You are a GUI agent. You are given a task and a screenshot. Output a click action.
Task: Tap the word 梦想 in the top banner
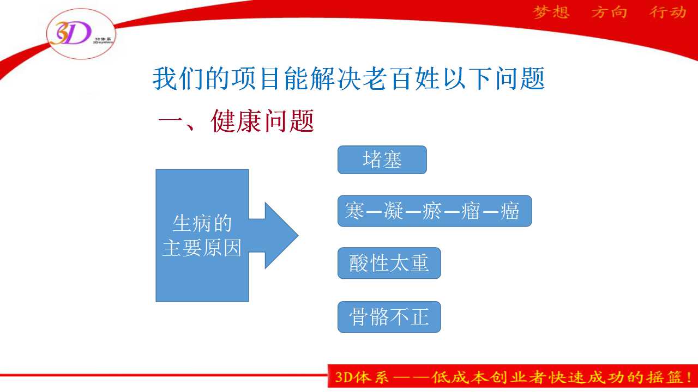point(551,13)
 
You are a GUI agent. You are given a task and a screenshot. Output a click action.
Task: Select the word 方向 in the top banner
point(609,13)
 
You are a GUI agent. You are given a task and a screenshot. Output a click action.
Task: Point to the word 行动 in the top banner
point(668,13)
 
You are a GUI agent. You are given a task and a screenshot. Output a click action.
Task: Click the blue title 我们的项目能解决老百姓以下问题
point(348,78)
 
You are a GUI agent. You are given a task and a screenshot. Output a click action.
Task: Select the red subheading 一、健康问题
point(236,121)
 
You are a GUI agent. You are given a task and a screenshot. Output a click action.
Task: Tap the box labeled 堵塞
point(382,160)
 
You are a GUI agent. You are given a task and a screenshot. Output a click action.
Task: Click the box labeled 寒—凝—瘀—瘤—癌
point(435,211)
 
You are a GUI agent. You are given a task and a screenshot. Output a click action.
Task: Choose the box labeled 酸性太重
point(389,263)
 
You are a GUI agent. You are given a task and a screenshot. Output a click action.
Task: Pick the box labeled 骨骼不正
point(389,317)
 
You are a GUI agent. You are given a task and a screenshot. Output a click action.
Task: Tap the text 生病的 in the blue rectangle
point(202,223)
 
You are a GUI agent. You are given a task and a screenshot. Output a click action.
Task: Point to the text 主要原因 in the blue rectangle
point(202,248)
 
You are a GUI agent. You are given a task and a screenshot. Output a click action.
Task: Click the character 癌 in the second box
point(510,211)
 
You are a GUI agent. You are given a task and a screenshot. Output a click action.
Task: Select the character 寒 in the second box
point(354,211)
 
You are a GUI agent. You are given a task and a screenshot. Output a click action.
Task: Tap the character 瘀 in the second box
point(432,211)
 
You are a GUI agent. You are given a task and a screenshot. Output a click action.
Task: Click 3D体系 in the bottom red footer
point(362,377)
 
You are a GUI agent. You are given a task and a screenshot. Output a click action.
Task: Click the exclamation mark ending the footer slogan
point(689,377)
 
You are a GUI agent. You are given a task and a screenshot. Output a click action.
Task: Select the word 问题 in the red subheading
point(289,121)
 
